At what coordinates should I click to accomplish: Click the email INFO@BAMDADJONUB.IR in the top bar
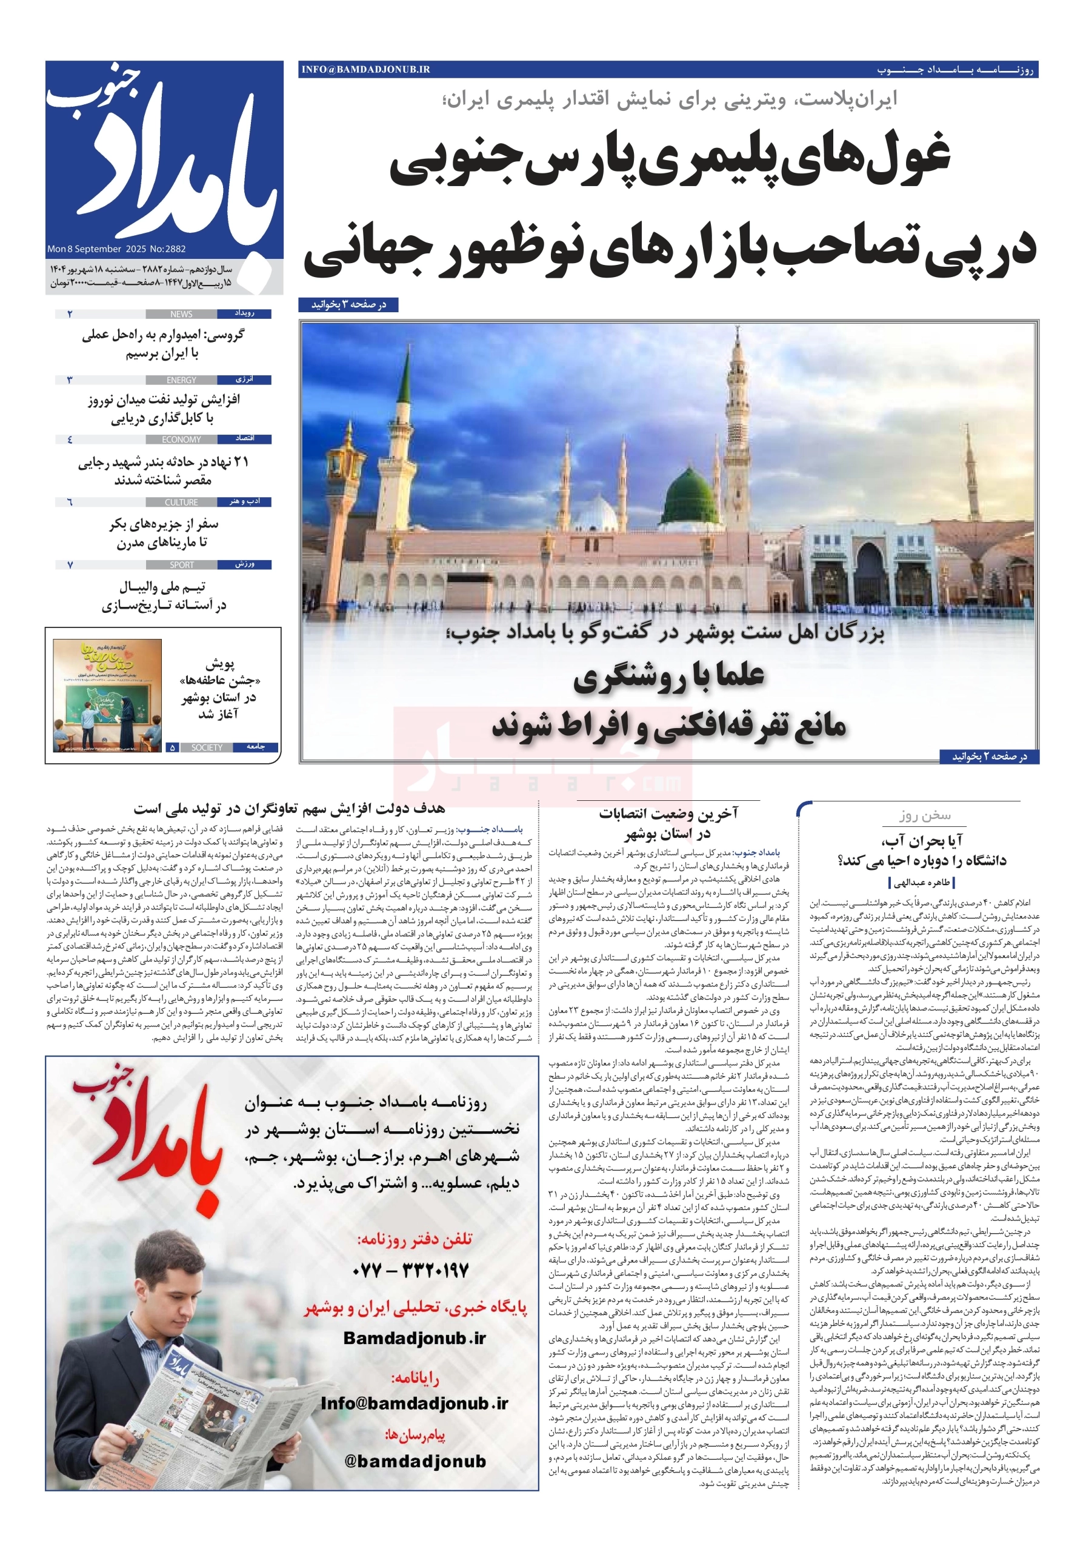point(365,70)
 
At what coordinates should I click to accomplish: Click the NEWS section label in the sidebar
point(181,314)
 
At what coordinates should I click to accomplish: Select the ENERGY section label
point(181,381)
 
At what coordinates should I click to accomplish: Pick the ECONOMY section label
point(181,440)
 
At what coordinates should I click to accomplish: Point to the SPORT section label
point(181,565)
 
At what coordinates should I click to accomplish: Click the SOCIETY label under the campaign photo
point(206,748)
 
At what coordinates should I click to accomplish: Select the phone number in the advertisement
point(410,1271)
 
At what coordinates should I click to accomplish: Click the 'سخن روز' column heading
point(924,816)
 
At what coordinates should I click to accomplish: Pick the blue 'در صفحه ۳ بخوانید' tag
point(348,305)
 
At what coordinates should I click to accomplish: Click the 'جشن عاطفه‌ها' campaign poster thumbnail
point(107,695)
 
